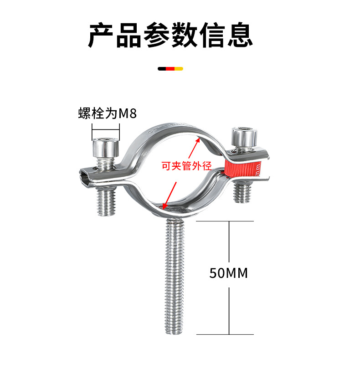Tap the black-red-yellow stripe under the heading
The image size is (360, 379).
pos(170,69)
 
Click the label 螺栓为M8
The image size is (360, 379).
pos(108,113)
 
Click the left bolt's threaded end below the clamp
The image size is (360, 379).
pos(107,202)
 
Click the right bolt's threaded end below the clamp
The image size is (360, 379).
pos(242,192)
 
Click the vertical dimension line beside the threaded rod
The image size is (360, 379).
pos(229,310)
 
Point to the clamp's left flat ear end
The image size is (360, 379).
pos(86,176)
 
